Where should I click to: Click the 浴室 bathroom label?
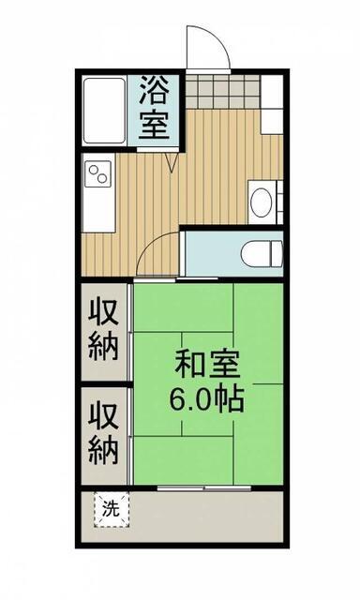[154, 108]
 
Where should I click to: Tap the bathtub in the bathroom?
[104, 111]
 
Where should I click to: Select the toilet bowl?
[258, 253]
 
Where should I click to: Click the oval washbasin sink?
[262, 202]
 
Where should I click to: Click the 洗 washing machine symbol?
[112, 510]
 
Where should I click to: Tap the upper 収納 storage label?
[103, 330]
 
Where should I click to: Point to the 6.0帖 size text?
[207, 398]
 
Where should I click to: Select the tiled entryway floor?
[223, 92]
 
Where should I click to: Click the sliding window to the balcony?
[204, 487]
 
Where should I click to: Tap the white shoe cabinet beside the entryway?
[272, 104]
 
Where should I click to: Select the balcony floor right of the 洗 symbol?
[206, 517]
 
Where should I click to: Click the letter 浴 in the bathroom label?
[154, 90]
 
